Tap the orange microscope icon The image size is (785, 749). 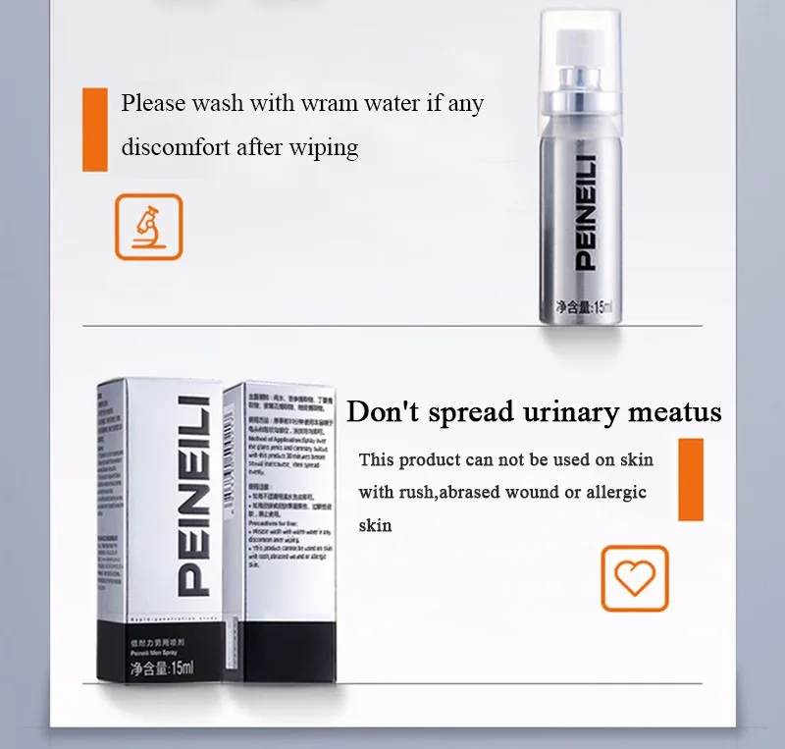coord(149,227)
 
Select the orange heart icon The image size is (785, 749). coord(634,578)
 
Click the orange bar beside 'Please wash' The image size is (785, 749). coord(95,130)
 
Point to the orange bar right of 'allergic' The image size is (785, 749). coord(691,479)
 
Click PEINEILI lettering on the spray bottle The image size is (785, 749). coord(583,217)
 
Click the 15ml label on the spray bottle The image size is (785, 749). coord(583,307)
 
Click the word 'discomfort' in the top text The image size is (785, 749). coord(175,147)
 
